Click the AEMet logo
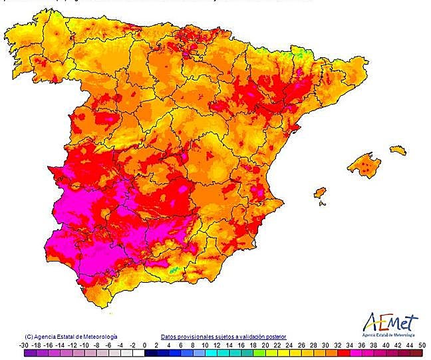(x=391, y=324)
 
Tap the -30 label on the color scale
(x=24, y=345)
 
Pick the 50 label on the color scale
(x=422, y=345)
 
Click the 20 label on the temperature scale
(x=265, y=345)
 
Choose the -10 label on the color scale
(x=85, y=345)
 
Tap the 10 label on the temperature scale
(x=205, y=345)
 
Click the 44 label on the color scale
(x=396, y=345)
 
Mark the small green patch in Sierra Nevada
(x=174, y=270)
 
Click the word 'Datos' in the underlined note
(x=168, y=337)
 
